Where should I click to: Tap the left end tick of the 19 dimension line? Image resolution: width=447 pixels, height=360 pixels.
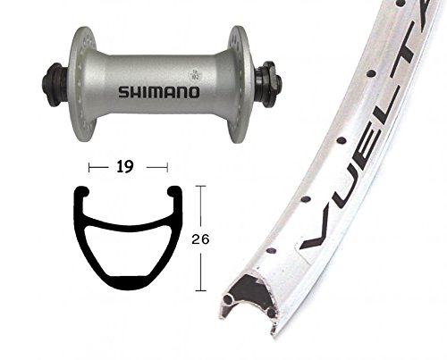(x=89, y=165)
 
